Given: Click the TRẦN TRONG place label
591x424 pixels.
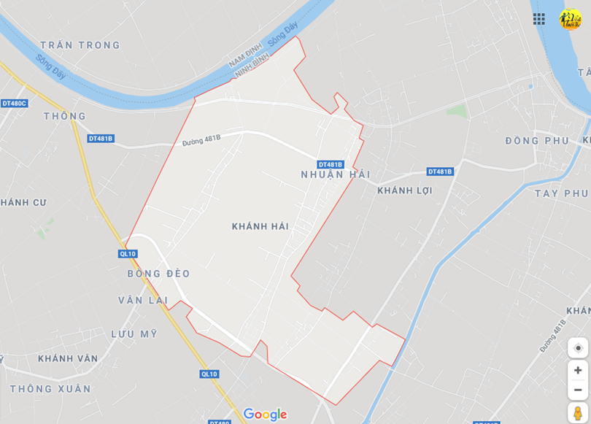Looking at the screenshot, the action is click(80, 45).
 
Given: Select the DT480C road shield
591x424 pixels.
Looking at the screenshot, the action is click(14, 104).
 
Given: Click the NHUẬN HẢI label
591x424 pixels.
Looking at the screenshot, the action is click(336, 175).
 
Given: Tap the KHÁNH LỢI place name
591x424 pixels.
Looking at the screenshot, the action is click(405, 191).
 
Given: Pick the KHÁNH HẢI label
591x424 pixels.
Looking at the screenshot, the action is click(260, 227).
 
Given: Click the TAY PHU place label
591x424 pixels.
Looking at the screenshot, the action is click(560, 193).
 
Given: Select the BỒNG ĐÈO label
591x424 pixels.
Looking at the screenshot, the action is click(158, 274).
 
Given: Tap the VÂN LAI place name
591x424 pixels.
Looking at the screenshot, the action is click(143, 301).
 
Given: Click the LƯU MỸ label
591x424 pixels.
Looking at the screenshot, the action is click(134, 334).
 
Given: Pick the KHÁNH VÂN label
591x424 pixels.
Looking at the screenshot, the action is click(68, 359).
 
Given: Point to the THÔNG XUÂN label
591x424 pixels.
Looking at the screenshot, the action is click(50, 389).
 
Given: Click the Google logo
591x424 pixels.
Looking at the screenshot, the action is click(265, 415).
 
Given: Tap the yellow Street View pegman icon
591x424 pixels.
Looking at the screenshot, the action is click(578, 413).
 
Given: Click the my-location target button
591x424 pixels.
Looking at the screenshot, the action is click(578, 348).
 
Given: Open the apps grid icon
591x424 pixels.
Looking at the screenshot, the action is click(539, 19).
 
